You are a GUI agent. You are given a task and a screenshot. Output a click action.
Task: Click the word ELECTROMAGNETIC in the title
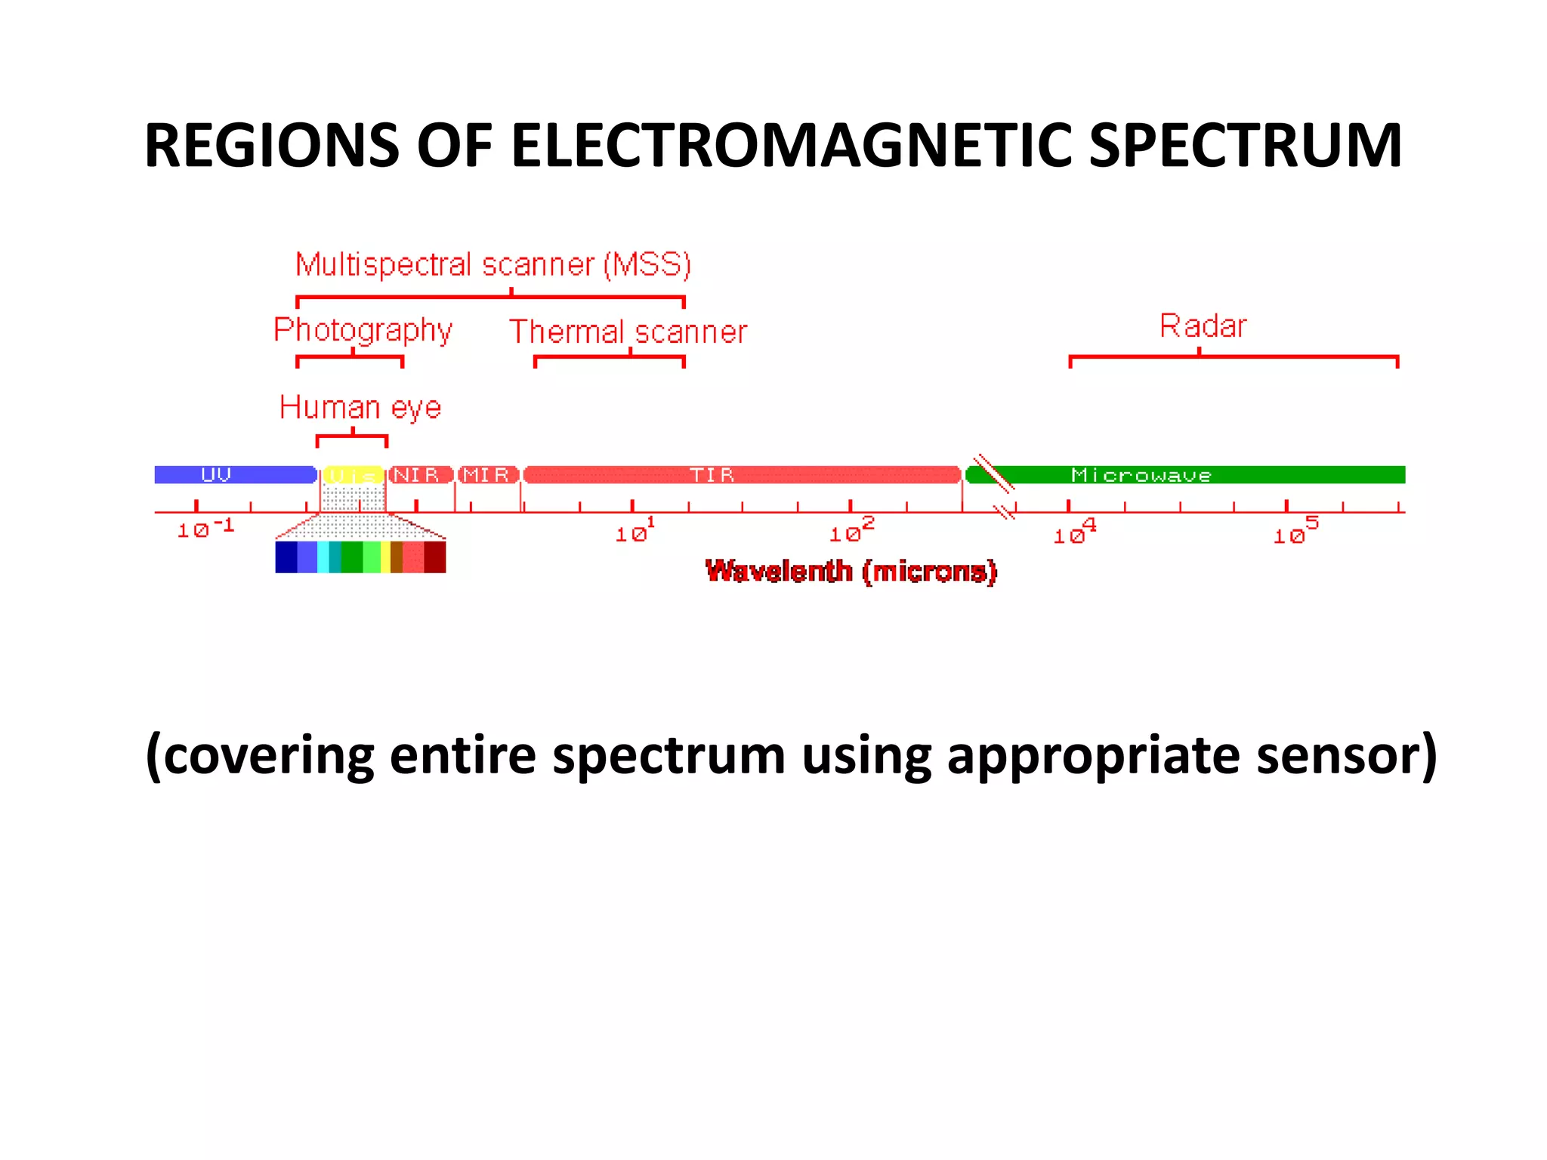791,145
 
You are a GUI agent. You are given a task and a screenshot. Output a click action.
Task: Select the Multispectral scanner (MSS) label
493,265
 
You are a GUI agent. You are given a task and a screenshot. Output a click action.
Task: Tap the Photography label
363,331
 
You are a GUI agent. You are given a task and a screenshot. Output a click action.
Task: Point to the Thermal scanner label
628,332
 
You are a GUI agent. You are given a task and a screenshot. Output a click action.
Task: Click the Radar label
1203,326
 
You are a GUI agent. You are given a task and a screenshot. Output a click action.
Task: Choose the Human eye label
360,408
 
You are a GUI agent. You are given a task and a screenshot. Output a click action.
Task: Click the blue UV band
234,475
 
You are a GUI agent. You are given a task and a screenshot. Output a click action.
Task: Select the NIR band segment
419,475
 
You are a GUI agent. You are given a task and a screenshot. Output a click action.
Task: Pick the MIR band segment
488,475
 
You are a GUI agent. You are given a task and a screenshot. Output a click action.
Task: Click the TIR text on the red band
712,475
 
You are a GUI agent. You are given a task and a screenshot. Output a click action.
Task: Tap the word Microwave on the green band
1141,475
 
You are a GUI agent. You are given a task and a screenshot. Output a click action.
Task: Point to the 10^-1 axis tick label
205,529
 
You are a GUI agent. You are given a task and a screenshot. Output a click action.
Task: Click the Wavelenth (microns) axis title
851,572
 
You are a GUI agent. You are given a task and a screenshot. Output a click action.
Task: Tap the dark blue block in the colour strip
286,557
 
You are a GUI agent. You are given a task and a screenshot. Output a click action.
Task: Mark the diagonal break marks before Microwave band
993,474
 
